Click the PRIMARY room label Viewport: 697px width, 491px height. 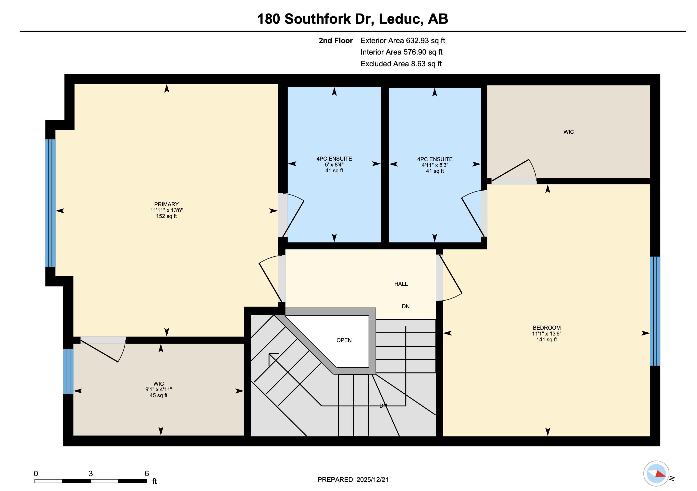(x=166, y=204)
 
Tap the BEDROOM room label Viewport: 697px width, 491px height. (x=546, y=328)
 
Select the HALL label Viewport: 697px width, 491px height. (x=401, y=284)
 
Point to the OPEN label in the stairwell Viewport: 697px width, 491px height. (x=344, y=340)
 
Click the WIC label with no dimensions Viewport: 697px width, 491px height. (x=569, y=132)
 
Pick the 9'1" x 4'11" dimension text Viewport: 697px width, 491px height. (x=158, y=390)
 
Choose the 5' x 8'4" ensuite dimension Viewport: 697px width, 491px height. (x=334, y=165)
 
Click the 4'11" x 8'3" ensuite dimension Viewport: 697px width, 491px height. (x=435, y=165)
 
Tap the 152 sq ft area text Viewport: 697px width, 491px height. (x=166, y=216)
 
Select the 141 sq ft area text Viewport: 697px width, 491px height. (x=546, y=340)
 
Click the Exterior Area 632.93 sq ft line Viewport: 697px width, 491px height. (x=403, y=41)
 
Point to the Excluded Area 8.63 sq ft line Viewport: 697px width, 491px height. (x=401, y=64)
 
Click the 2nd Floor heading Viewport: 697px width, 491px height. (x=336, y=41)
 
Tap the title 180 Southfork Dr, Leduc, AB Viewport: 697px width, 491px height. (x=352, y=19)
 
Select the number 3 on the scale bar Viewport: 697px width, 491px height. (x=91, y=473)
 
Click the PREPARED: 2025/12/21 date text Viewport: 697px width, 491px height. (x=353, y=480)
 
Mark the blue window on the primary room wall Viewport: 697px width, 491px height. (x=51, y=203)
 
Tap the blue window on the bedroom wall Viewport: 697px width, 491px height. (x=655, y=311)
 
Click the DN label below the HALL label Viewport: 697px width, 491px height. (x=406, y=306)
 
